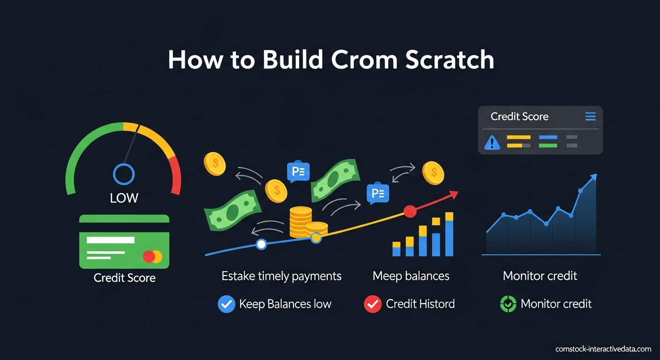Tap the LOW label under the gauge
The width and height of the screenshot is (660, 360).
[x=124, y=198]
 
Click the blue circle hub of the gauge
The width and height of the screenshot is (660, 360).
[x=124, y=174]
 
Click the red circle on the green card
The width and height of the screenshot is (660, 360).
[x=149, y=256]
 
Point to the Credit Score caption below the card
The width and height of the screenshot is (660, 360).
[x=124, y=278]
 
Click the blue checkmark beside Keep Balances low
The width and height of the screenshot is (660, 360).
[x=226, y=304]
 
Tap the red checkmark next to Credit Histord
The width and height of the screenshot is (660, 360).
[x=373, y=304]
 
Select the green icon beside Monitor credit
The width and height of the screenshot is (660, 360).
[x=508, y=304]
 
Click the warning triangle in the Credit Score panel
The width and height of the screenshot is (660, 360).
[x=492, y=142]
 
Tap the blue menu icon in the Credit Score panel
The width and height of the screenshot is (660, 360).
[x=590, y=117]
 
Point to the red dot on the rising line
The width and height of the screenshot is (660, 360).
[x=410, y=211]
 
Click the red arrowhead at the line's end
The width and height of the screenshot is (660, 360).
[x=453, y=194]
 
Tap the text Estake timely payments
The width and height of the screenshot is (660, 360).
[x=281, y=276]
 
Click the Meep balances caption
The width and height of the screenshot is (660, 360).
[x=411, y=276]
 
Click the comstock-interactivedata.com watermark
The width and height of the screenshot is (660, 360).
[x=603, y=349]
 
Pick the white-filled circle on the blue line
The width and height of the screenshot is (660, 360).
[x=262, y=244]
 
